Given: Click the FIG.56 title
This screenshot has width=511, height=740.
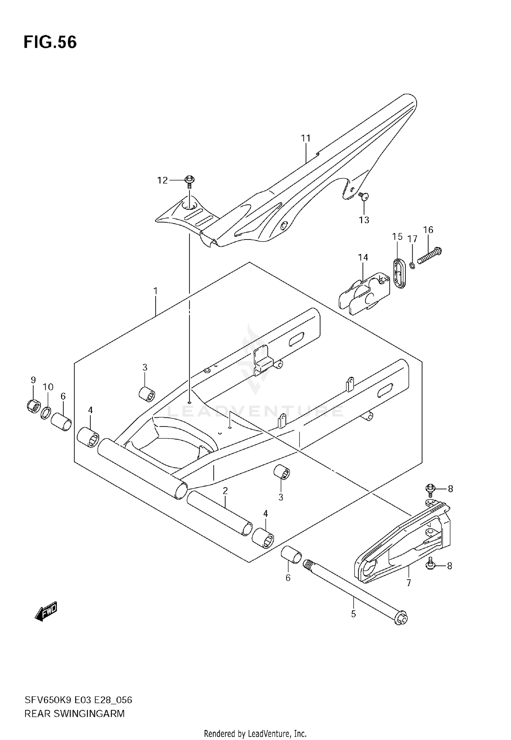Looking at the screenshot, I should coord(50,43).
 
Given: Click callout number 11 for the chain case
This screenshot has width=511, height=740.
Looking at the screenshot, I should coord(306,138).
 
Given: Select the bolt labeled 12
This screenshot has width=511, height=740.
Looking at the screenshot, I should coord(189,181).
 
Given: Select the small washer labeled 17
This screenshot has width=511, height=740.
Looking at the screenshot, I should coord(412,265).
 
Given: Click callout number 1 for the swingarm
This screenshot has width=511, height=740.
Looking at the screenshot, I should coord(155,291).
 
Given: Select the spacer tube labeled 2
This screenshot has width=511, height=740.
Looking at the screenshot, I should coord(220,514).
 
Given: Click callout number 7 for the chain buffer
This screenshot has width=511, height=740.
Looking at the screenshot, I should coord(408,583).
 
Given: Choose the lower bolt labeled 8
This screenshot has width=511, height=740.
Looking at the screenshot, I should coord(430,565).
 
